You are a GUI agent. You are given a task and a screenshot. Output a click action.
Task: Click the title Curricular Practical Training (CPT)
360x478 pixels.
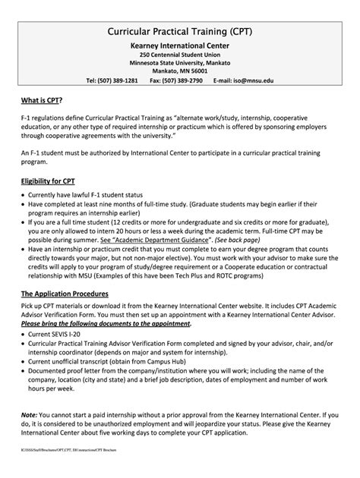[x=180, y=32]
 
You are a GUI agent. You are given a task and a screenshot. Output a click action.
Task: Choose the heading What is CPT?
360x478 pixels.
[x=42, y=100]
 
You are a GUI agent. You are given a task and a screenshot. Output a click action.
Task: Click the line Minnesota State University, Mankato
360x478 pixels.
[x=179, y=64]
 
